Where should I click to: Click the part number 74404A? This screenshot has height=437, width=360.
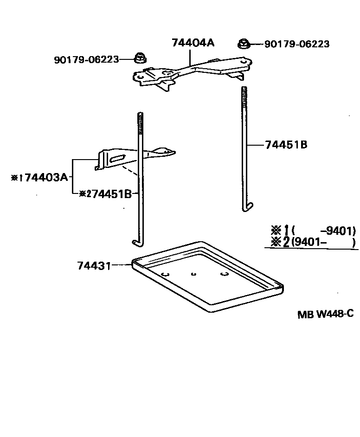[193, 43]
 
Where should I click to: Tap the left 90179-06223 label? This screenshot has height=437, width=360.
[86, 59]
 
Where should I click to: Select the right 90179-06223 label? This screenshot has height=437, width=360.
[297, 44]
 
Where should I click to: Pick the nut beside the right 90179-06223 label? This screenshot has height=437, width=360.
[244, 44]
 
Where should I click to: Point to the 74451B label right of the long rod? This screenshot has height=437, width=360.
[286, 145]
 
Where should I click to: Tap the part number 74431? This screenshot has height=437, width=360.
[94, 265]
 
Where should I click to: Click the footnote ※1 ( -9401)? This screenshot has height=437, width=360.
[313, 231]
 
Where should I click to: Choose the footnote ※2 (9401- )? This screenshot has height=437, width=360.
[313, 242]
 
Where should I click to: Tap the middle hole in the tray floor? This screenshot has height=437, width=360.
[194, 274]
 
